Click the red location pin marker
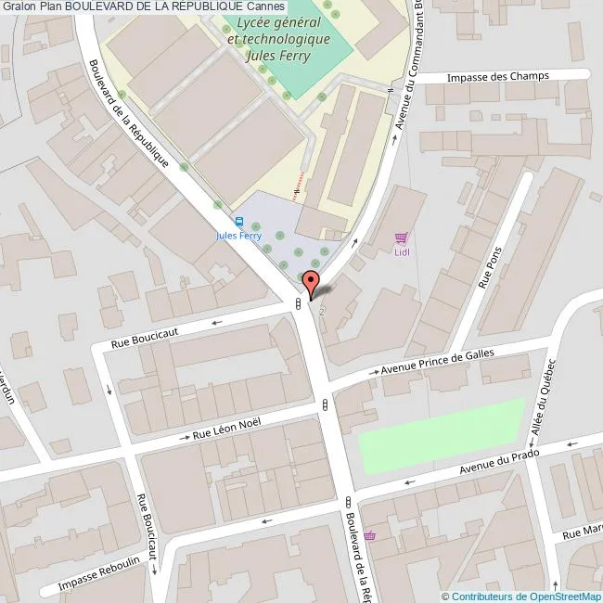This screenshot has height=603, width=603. (x=312, y=280)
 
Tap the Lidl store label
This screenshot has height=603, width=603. (x=402, y=251)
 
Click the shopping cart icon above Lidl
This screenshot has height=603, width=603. (x=401, y=237)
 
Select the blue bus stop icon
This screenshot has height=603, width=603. (x=239, y=222)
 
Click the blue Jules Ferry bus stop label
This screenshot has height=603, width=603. (x=238, y=236)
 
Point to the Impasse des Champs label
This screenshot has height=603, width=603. (x=497, y=76)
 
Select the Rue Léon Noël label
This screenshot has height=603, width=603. (x=226, y=428)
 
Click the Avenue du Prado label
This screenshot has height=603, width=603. (x=499, y=464)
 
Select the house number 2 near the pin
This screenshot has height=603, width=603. (x=322, y=312)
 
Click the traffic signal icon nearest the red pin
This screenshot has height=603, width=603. (x=297, y=302)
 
